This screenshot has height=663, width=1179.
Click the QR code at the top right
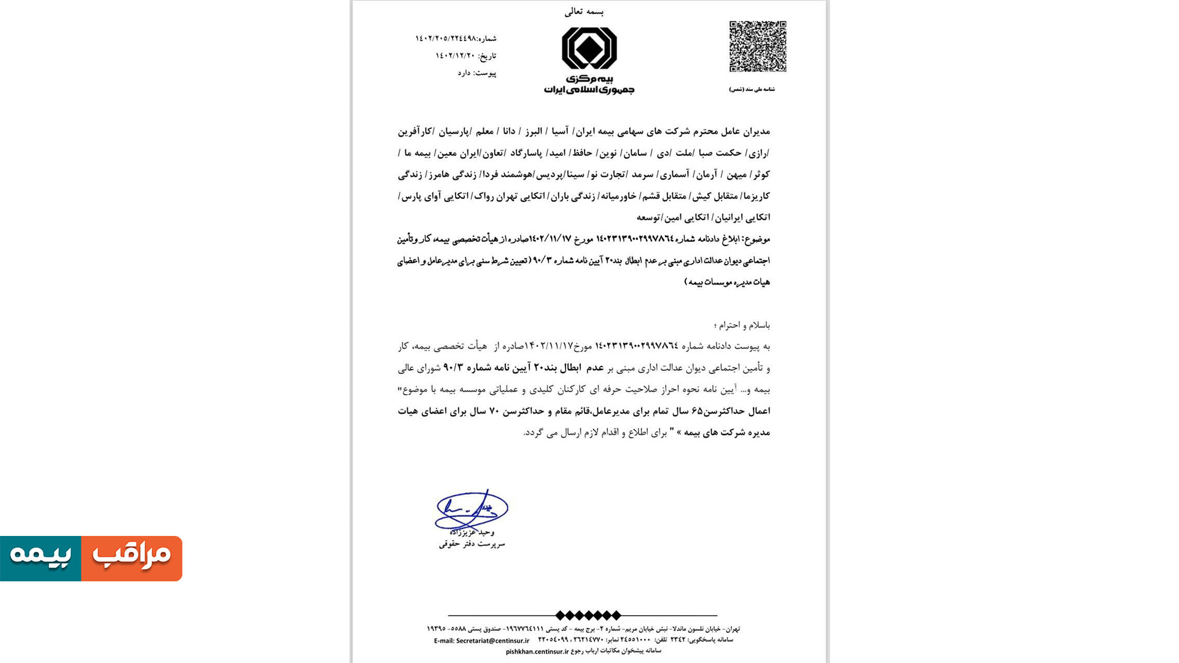(x=758, y=47)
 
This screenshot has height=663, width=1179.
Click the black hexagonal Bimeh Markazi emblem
(x=589, y=48)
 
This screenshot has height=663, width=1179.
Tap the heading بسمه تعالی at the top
(x=584, y=12)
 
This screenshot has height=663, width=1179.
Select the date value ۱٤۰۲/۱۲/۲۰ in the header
(x=455, y=56)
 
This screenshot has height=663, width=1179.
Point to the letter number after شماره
(x=445, y=39)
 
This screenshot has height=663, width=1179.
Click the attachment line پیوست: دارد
(x=477, y=73)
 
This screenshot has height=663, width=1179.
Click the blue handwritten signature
(x=471, y=510)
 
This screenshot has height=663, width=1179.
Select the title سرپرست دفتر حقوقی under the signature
(x=472, y=544)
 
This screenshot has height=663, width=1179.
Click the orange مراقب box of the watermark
(x=131, y=558)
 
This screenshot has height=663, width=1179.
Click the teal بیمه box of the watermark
(x=41, y=558)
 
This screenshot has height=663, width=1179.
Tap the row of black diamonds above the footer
(x=588, y=615)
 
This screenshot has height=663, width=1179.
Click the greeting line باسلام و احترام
(x=742, y=325)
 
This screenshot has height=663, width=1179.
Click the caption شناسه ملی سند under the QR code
(x=752, y=90)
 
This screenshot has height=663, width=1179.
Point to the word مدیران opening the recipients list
(x=757, y=131)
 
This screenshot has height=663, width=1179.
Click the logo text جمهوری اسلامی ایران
(x=589, y=90)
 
